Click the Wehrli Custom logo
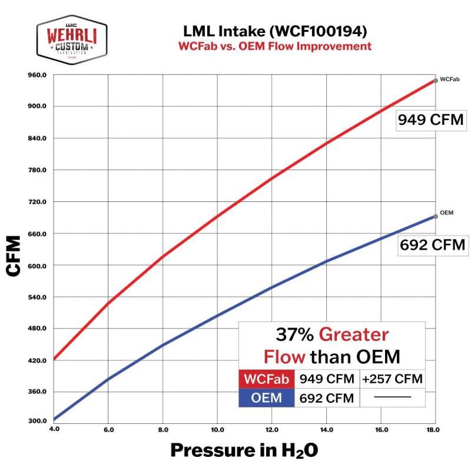[x=72, y=38]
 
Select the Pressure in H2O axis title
[x=244, y=450]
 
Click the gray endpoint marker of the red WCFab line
[x=436, y=80]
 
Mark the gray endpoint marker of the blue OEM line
[x=436, y=216]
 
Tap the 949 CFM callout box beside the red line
[x=430, y=120]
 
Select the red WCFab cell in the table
[x=267, y=379]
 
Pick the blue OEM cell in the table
[x=267, y=398]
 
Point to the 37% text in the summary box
[x=294, y=335]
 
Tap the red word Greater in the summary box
[x=354, y=335]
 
